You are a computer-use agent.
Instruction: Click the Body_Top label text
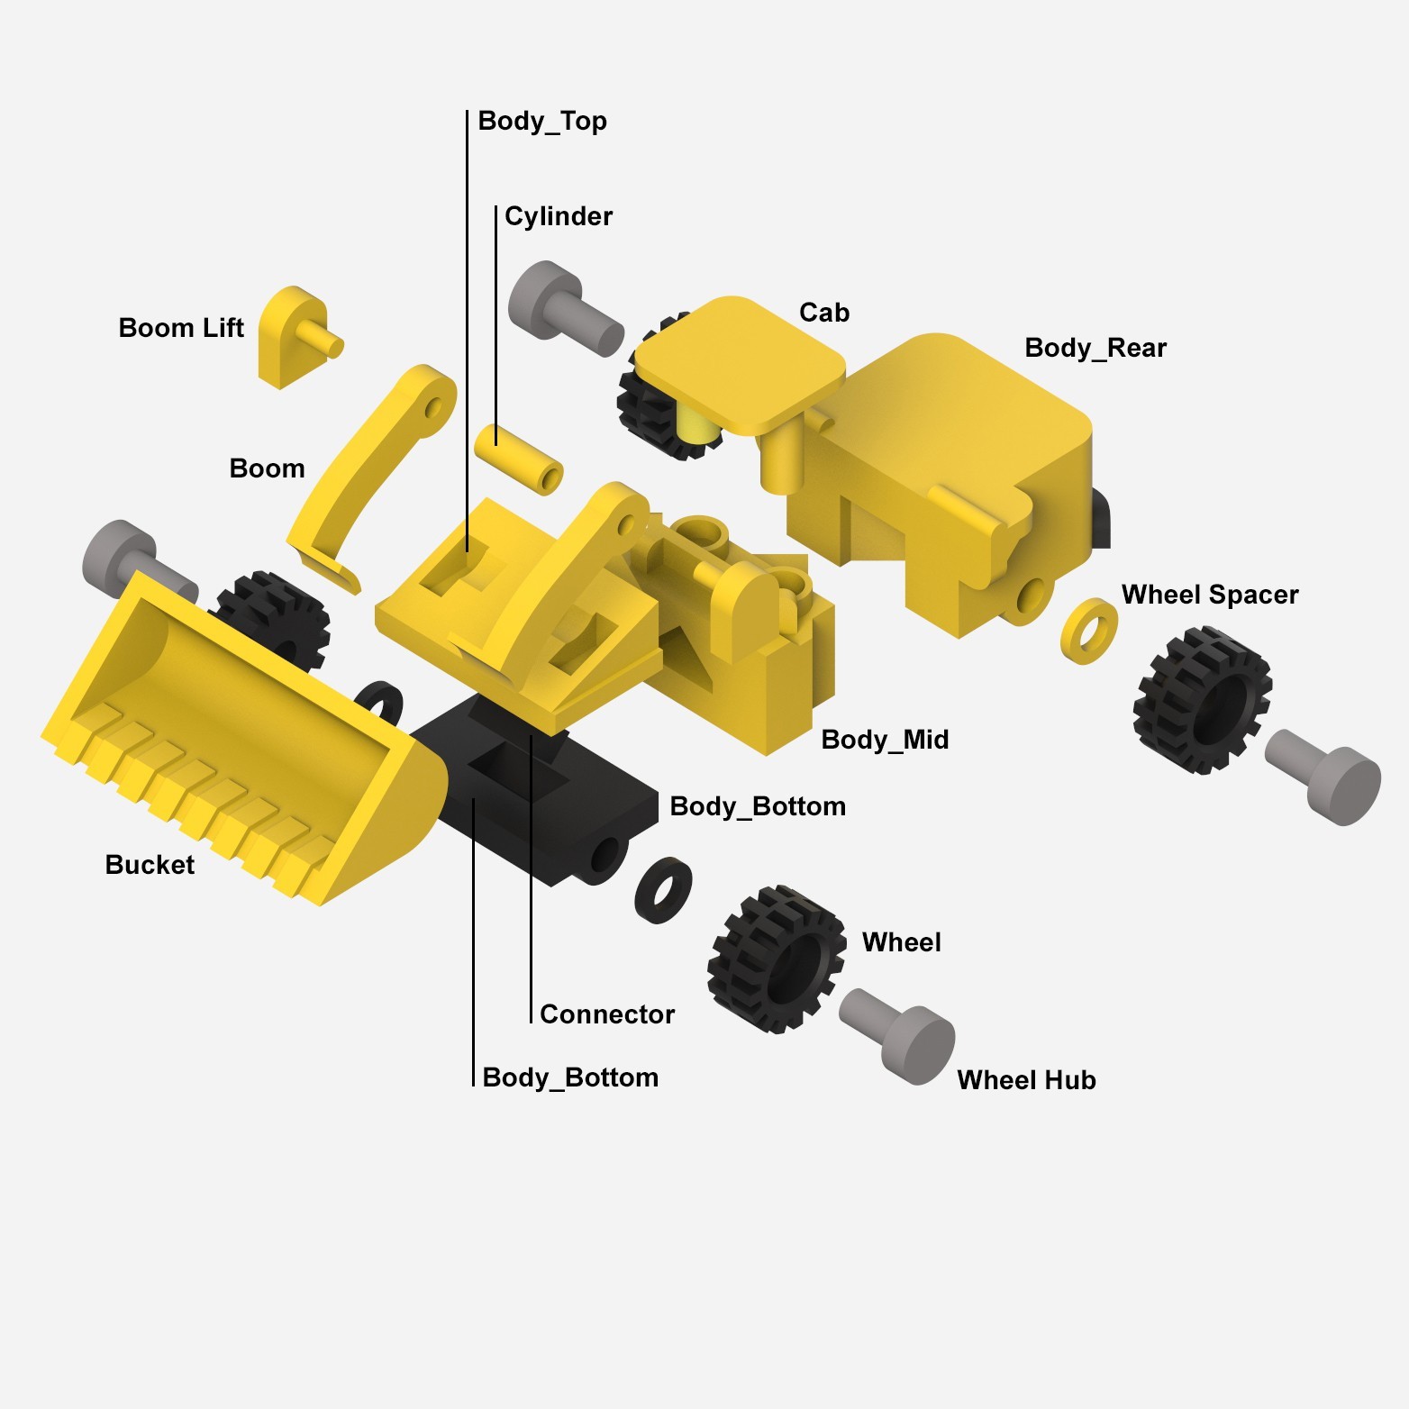(x=542, y=121)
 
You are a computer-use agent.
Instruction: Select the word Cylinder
(x=559, y=216)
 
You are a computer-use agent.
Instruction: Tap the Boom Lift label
(x=181, y=328)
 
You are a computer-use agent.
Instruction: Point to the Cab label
(x=824, y=313)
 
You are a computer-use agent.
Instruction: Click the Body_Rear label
(x=1095, y=348)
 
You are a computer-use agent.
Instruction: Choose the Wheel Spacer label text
(x=1210, y=595)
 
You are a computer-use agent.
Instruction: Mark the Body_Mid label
(x=885, y=740)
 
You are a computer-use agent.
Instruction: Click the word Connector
(x=607, y=1014)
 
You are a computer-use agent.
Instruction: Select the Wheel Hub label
(x=1026, y=1080)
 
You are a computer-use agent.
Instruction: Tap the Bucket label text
(x=150, y=865)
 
